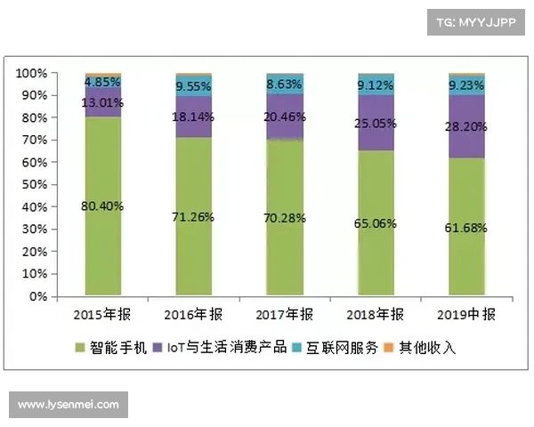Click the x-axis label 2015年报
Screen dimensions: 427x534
tap(103, 314)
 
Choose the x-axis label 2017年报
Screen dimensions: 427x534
tap(285, 314)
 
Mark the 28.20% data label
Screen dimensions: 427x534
tap(467, 127)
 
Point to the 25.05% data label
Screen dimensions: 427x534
tap(376, 123)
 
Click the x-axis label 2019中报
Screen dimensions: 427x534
tap(467, 314)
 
